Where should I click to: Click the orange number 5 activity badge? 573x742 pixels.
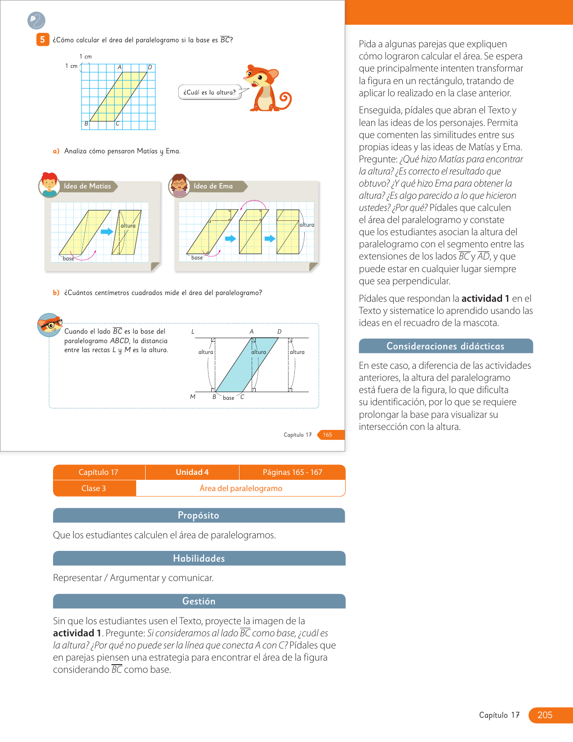tap(43, 40)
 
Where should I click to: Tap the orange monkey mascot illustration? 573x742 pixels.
tap(268, 89)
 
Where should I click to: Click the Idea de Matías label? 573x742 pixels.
tap(88, 186)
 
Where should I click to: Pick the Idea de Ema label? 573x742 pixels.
tap(213, 186)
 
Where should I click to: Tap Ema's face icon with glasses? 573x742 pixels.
tap(179, 185)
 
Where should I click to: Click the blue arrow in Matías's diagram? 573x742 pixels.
tap(107, 232)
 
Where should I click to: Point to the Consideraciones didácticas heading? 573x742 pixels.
tap(445, 346)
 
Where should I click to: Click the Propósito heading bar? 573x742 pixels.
tap(199, 515)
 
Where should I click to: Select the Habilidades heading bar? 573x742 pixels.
tap(199, 559)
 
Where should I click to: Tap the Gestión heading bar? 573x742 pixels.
tap(199, 601)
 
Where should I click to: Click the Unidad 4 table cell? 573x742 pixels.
tap(192, 472)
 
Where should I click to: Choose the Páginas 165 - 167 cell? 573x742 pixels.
tap(292, 472)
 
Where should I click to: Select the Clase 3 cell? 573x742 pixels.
tap(94, 488)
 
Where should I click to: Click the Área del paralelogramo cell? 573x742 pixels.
tap(241, 488)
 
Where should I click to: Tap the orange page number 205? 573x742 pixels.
tap(545, 715)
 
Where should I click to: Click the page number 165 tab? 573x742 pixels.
tap(328, 435)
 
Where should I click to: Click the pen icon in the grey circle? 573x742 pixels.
tap(36, 20)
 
